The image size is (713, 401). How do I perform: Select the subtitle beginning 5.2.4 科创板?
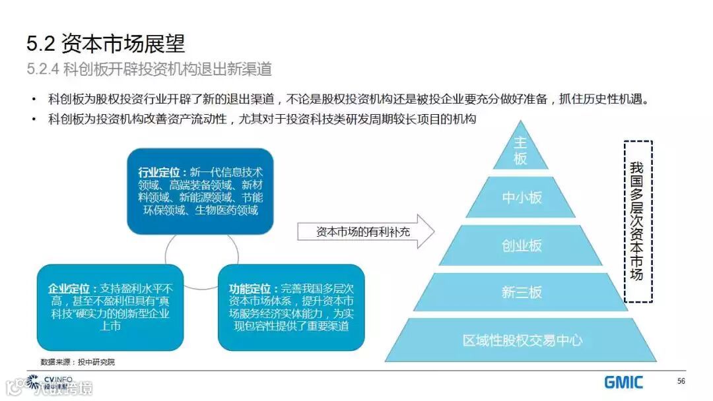149,69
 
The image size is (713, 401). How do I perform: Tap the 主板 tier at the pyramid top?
521,150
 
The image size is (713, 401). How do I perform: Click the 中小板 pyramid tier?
522,197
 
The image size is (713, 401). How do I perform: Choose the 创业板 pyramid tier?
522,245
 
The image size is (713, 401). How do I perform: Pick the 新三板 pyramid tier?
522,292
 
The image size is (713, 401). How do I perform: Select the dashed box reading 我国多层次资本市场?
637,221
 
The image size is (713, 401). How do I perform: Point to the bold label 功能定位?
250,288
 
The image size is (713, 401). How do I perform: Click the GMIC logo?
623,381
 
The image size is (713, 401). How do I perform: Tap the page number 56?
681,381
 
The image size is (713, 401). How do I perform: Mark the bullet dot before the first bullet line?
33,100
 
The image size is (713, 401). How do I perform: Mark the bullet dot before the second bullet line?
33,119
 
